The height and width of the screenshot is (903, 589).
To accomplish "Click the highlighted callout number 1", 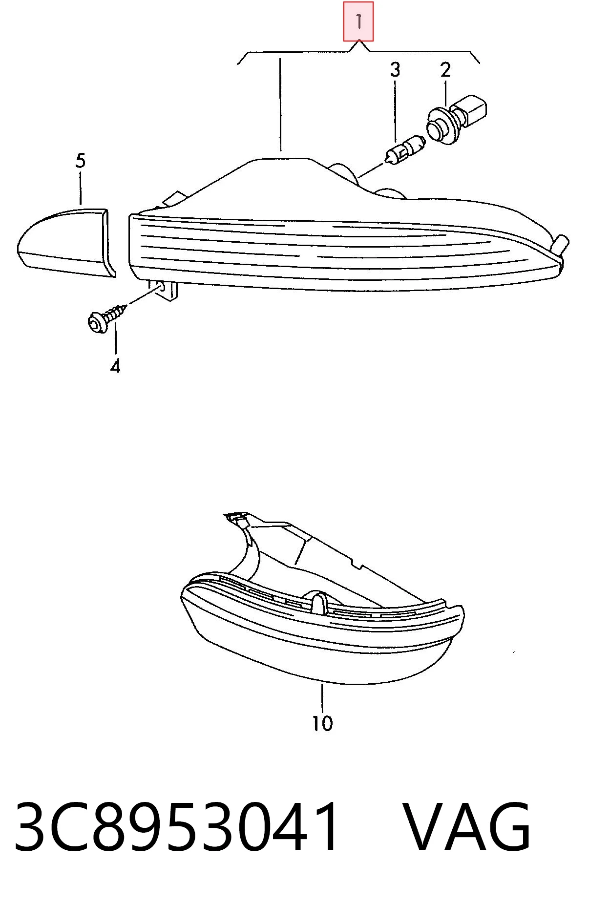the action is [358, 21].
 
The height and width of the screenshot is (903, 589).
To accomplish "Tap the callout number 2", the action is [445, 70].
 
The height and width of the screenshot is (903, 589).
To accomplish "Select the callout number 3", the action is [395, 70].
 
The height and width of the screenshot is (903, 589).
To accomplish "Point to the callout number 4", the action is [115, 366].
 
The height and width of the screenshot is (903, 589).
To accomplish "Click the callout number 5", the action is [81, 161].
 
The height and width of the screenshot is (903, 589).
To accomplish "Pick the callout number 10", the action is [322, 723].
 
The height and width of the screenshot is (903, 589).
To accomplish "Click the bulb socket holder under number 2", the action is [458, 119].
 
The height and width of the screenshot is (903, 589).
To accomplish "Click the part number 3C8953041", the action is [177, 827].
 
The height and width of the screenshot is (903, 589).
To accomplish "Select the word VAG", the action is [468, 827].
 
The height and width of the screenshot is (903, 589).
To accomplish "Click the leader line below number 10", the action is [322, 697].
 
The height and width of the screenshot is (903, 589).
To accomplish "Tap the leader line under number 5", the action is [81, 187].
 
